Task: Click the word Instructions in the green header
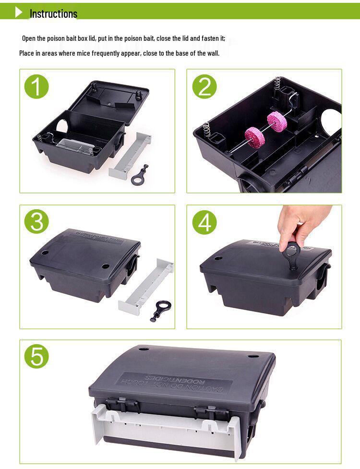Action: click(53, 13)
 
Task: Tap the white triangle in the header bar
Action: click(19, 12)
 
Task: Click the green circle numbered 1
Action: click(37, 87)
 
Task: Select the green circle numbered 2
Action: click(204, 87)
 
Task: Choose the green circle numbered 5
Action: click(37, 357)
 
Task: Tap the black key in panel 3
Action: click(160, 310)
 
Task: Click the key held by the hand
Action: click(291, 254)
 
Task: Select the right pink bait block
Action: click(277, 121)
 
